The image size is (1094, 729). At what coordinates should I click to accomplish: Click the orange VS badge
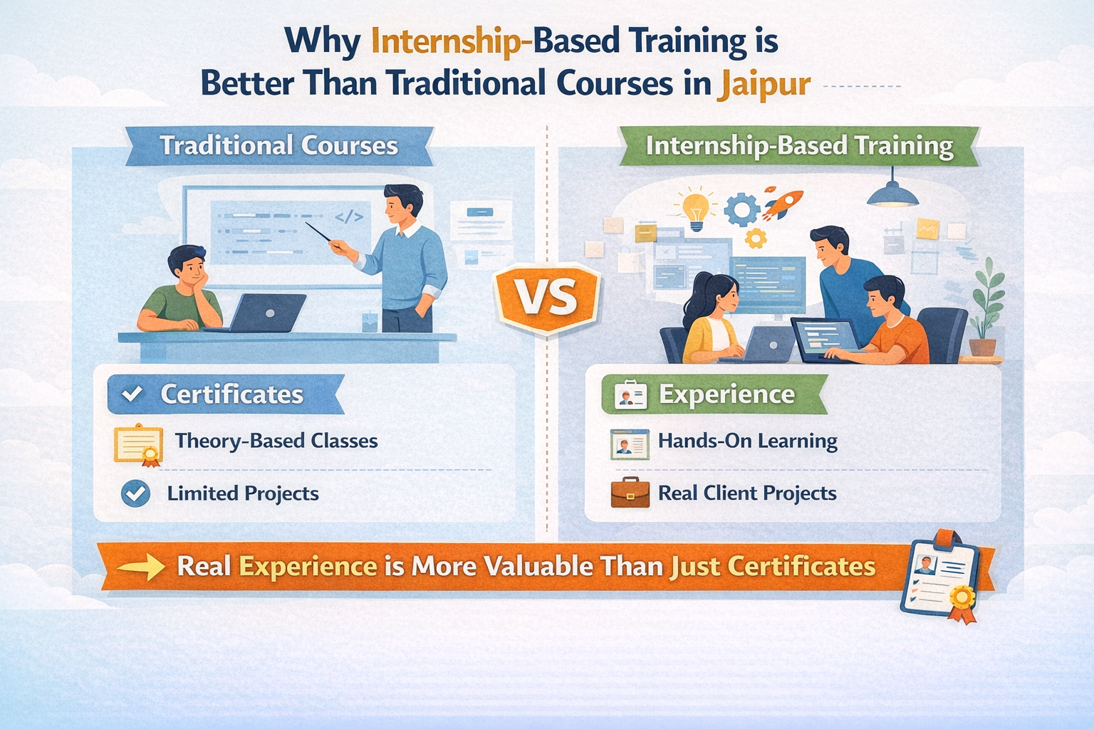pyautogui.click(x=547, y=298)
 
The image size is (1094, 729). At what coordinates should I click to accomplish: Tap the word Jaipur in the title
pyautogui.click(x=766, y=84)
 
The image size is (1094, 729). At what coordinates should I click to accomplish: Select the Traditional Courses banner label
pyautogui.click(x=278, y=146)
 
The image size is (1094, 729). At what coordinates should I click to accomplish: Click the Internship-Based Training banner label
pyautogui.click(x=799, y=146)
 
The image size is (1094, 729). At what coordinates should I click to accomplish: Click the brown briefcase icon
pyautogui.click(x=630, y=493)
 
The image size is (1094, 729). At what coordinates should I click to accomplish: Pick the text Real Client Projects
pyautogui.click(x=747, y=493)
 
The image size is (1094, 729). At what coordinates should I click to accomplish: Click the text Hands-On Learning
pyautogui.click(x=747, y=441)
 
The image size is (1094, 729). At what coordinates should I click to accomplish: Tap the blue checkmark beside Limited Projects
pyautogui.click(x=135, y=493)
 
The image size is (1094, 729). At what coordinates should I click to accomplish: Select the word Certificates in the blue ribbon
pyautogui.click(x=231, y=394)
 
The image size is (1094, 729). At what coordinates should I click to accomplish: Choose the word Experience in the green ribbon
pyautogui.click(x=726, y=394)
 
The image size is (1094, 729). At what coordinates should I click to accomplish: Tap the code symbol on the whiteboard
pyautogui.click(x=349, y=216)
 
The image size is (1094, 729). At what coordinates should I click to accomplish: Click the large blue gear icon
pyautogui.click(x=741, y=210)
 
